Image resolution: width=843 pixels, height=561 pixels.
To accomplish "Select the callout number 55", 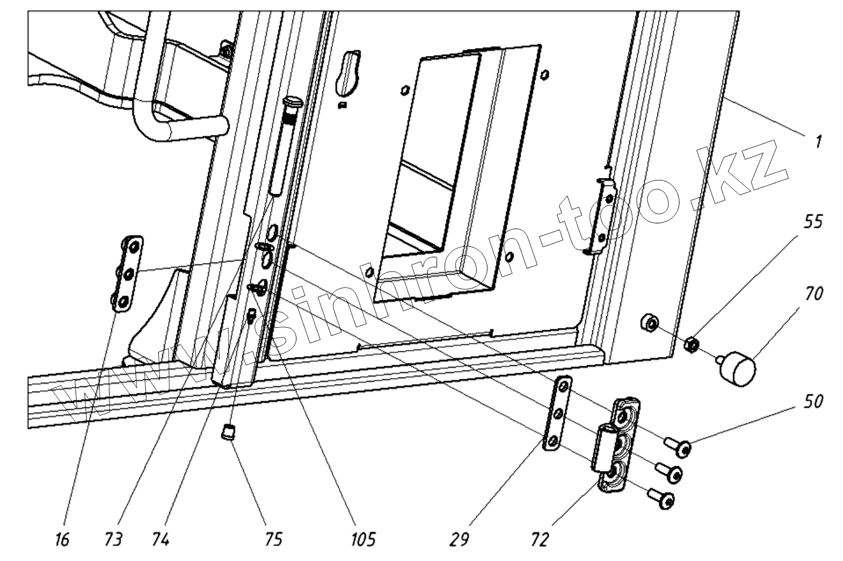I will point(813,223).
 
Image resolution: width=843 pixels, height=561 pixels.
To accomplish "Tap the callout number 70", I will point(813,294).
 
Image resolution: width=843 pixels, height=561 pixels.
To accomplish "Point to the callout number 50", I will point(813,403).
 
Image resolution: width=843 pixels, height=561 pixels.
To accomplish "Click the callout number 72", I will point(540,539).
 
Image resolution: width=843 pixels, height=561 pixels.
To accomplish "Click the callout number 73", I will point(114,539).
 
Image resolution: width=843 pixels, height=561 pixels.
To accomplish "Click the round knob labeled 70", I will point(738,367).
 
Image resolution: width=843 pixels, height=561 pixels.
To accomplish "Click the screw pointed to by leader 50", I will point(681,450).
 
